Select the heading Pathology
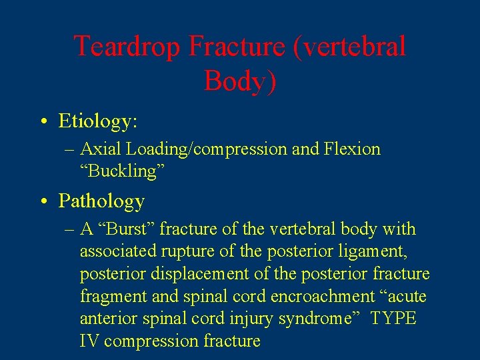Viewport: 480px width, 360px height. pos(101,201)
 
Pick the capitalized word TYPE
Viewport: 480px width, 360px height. pos(393,319)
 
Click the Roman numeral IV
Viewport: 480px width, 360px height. pos(89,341)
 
